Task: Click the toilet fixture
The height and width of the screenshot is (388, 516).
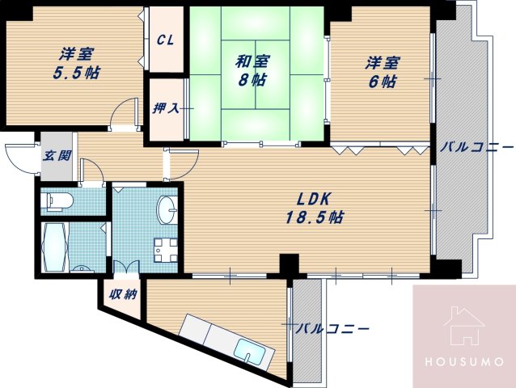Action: click(x=60, y=201)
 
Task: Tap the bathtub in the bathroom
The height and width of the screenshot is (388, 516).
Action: click(x=55, y=247)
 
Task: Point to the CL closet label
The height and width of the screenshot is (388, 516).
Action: click(x=165, y=40)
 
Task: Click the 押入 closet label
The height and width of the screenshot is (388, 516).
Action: click(x=166, y=108)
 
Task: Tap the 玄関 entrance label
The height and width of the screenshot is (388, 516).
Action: click(x=57, y=155)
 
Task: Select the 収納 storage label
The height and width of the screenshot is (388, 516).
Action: click(x=123, y=294)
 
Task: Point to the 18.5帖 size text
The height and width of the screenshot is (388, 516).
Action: click(x=315, y=217)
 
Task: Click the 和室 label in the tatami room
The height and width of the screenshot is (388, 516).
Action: click(x=252, y=61)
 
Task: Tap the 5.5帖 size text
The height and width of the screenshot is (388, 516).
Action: click(x=76, y=72)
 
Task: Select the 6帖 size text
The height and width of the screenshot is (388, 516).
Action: click(x=383, y=82)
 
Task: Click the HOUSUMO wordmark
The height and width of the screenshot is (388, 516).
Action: click(x=464, y=362)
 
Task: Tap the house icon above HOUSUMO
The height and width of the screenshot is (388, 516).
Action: click(x=464, y=326)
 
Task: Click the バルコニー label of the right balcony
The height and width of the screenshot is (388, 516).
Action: click(x=477, y=147)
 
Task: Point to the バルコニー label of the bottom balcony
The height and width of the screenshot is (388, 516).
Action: click(x=332, y=328)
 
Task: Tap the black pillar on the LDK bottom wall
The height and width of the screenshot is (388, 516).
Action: click(x=289, y=264)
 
